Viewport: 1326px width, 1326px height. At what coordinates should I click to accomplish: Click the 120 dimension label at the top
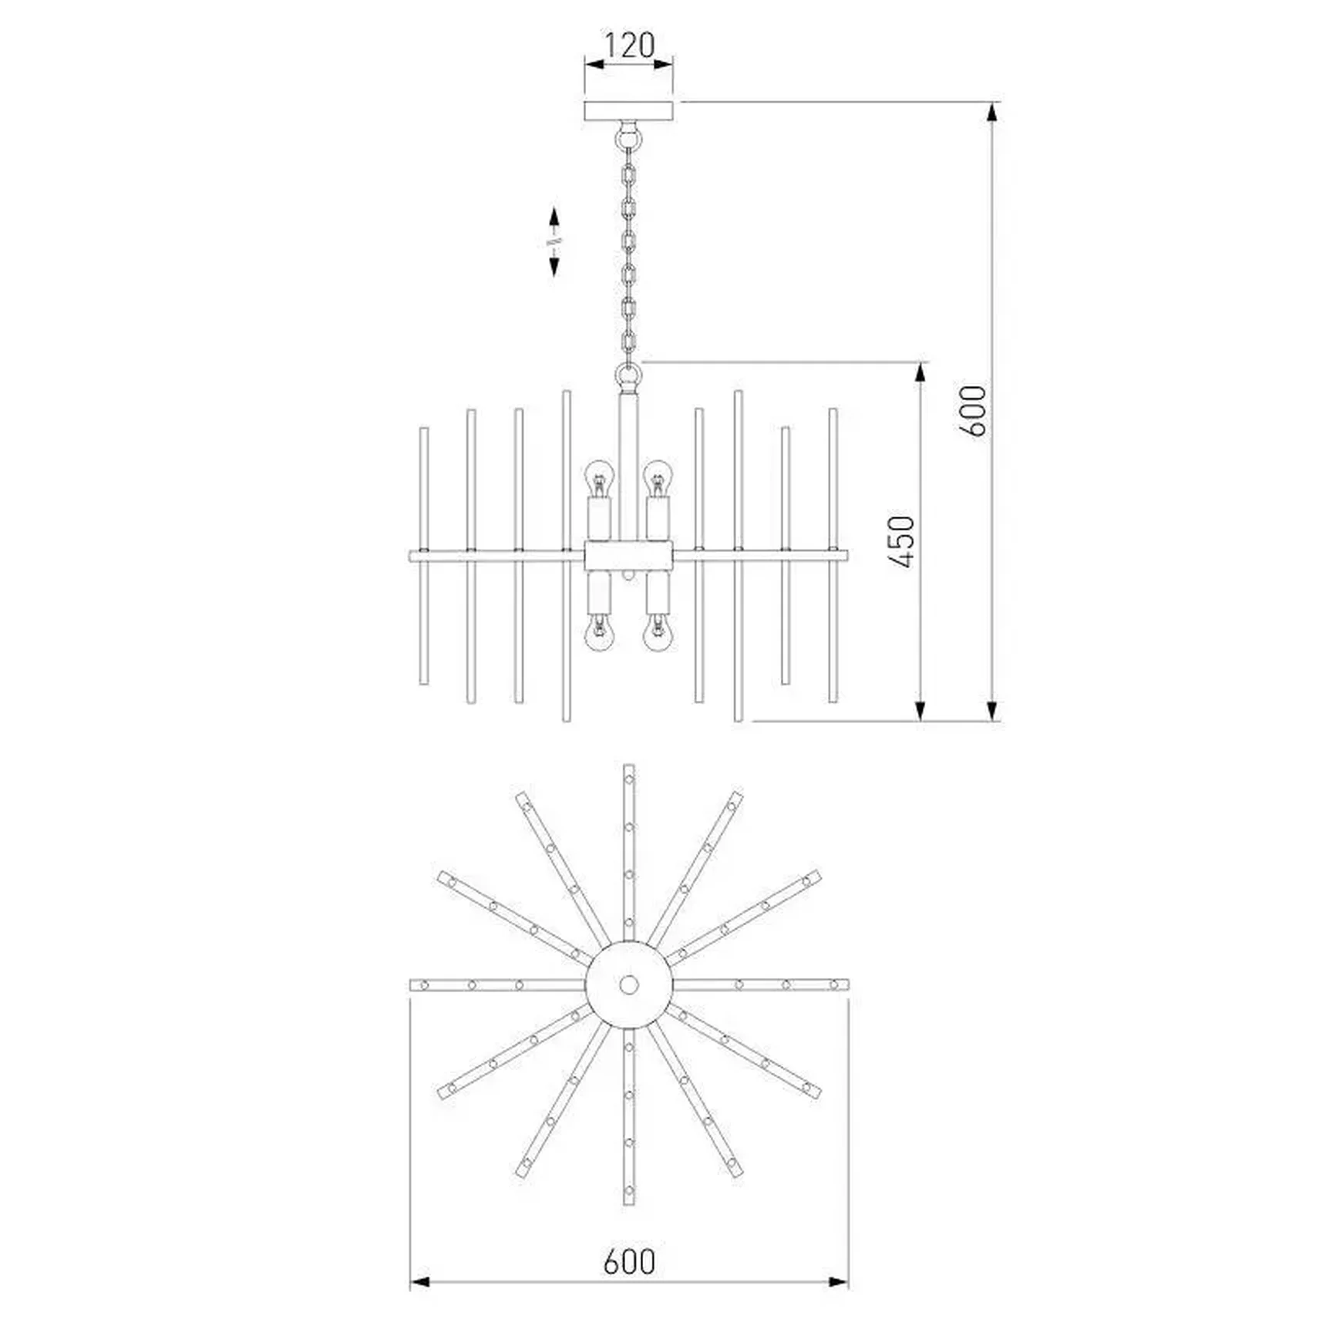[629, 45]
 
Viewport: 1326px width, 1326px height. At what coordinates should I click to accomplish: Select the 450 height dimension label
[901, 542]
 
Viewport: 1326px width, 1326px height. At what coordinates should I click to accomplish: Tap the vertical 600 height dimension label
[974, 411]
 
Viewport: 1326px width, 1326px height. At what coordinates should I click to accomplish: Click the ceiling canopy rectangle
[629, 111]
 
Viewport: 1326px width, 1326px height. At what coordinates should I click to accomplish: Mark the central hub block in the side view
[629, 555]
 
